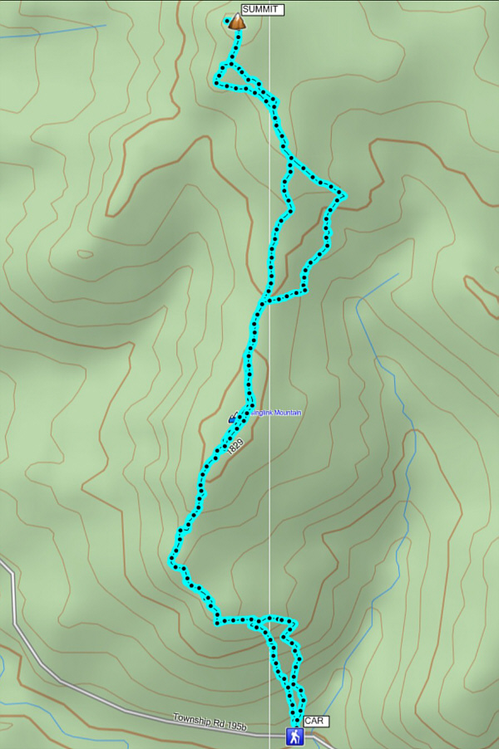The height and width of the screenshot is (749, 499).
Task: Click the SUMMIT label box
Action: pos(262,10)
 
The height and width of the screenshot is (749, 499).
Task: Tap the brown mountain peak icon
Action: pos(237,22)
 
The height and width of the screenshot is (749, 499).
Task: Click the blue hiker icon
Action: pos(294,737)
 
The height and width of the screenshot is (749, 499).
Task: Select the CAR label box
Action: pos(314,721)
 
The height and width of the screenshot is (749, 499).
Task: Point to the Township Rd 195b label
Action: pos(210,722)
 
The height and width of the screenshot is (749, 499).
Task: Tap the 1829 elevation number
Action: pos(235,446)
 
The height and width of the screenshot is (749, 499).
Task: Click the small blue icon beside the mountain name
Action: pos(233,418)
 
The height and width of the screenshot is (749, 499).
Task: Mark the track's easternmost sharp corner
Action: pos(343,195)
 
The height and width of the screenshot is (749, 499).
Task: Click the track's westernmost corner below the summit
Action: pos(217,84)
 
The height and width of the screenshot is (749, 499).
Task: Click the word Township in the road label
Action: pos(191,719)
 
